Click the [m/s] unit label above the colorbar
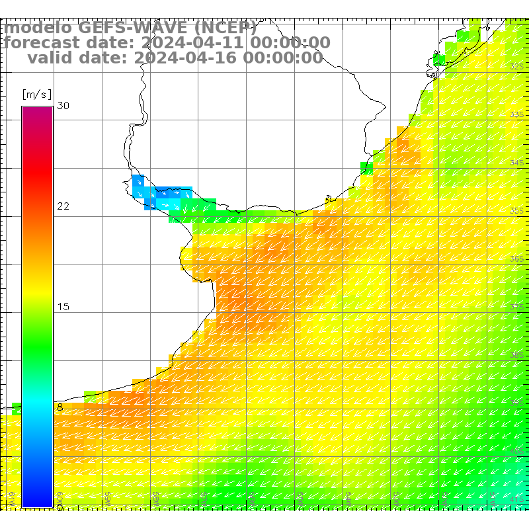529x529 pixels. pos(36,94)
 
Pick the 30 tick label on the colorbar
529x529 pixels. pos(63,106)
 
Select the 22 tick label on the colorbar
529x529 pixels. pos(63,206)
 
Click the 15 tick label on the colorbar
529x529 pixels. pos(63,307)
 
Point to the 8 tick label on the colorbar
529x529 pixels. pos(60,407)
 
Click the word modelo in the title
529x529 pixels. pos(37,28)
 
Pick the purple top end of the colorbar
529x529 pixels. pos(37,111)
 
